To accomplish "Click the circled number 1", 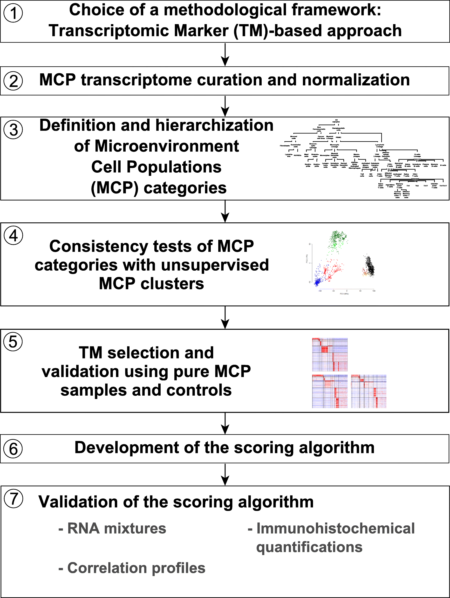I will (x=13, y=13).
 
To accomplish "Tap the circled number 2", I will (x=13, y=81).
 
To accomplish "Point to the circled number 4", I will (x=13, y=235).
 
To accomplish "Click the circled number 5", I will (x=13, y=342).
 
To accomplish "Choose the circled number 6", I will (x=13, y=449).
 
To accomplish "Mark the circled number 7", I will (x=14, y=499).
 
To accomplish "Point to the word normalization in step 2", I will (x=356, y=80).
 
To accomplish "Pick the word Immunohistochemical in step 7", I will (x=335, y=529).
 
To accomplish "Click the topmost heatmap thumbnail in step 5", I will (x=330, y=354).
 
